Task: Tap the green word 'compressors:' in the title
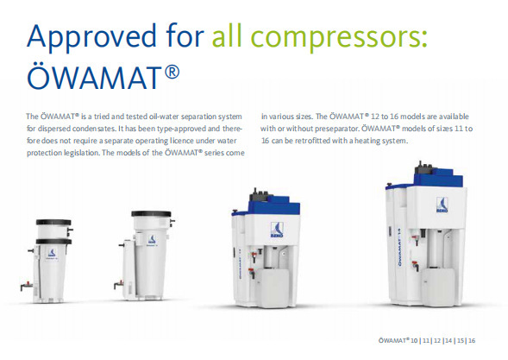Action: coord(339,36)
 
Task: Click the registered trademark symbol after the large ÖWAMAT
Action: coord(172,72)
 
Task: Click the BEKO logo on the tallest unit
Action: coord(442,205)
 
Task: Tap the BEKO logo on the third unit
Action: coord(277,230)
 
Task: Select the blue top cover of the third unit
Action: coord(273,206)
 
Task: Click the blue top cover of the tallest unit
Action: coord(438,178)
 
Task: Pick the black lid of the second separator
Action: coord(151,214)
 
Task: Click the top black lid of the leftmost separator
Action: coord(53,222)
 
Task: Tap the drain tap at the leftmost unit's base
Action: coord(27,286)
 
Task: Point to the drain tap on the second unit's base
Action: coord(119,284)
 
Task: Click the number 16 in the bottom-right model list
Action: coord(472,340)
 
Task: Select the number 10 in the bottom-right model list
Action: coord(414,340)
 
